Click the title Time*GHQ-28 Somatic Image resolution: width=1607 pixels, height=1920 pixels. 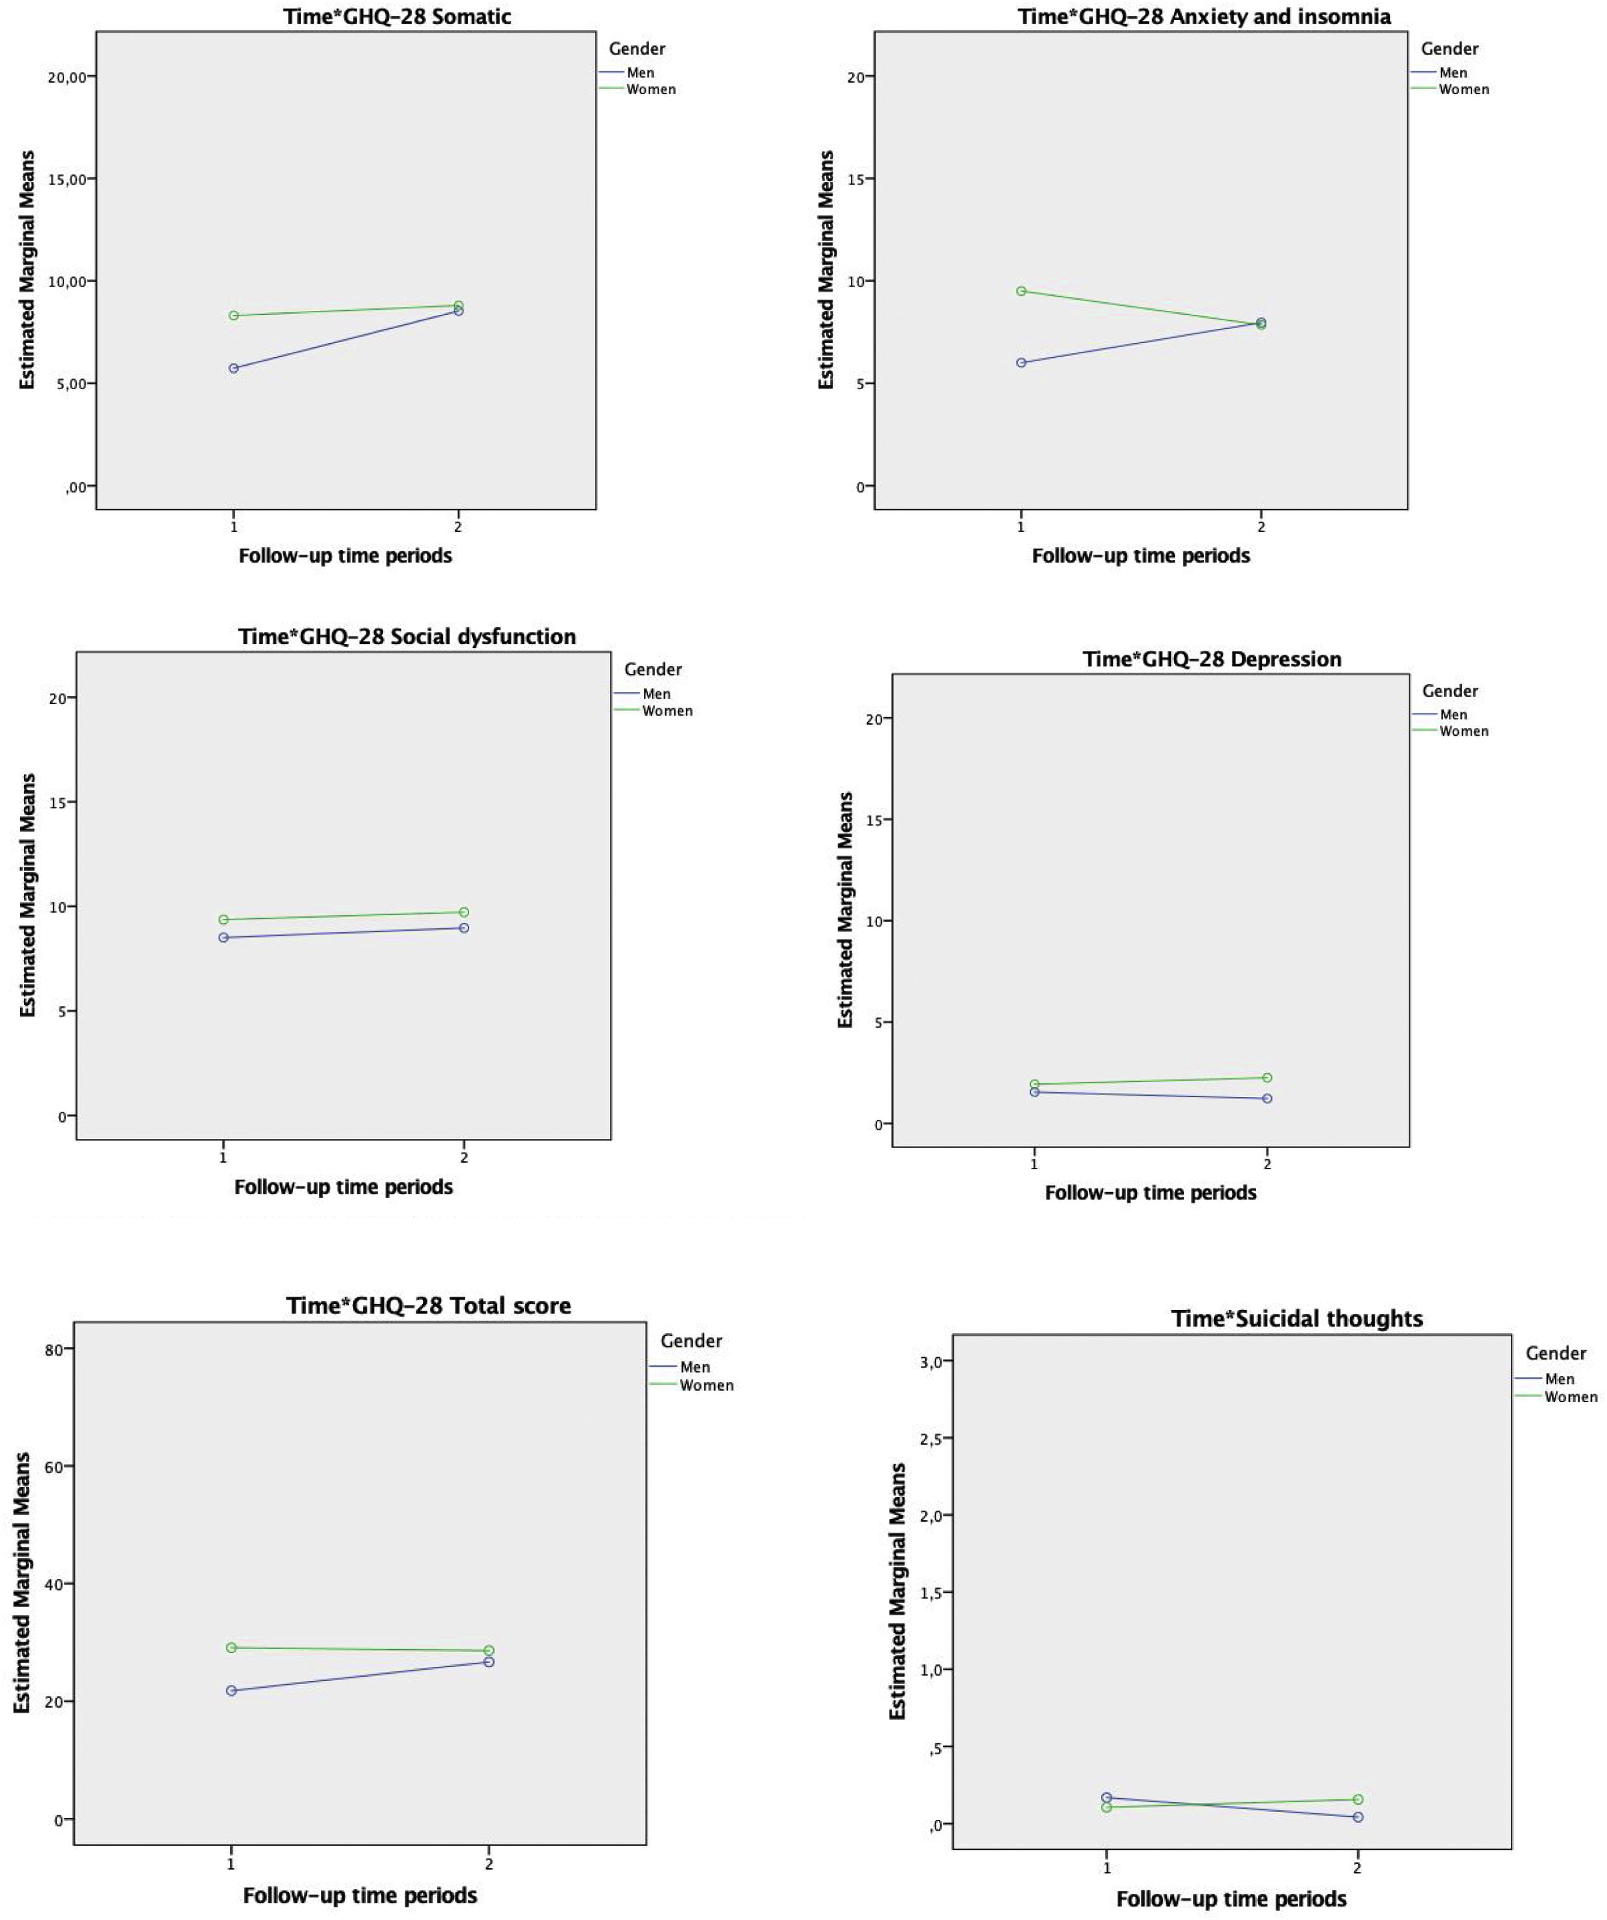[x=397, y=17]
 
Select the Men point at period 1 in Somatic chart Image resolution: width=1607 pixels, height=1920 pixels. [x=234, y=369]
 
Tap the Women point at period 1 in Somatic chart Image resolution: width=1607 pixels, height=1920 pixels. [x=234, y=315]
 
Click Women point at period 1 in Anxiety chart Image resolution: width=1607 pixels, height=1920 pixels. [x=1021, y=291]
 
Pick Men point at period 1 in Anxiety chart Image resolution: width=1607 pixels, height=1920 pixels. [x=1021, y=363]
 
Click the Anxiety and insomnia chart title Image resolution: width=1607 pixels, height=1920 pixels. [x=1204, y=17]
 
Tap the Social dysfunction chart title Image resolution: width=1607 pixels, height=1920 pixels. [x=407, y=636]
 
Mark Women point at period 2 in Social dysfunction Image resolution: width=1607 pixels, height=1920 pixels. [x=464, y=912]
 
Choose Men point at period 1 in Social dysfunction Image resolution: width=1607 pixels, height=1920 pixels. [x=223, y=937]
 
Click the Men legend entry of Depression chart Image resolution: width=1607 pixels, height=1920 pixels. [x=1453, y=715]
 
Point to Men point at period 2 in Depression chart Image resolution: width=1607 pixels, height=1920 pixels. [x=1267, y=1098]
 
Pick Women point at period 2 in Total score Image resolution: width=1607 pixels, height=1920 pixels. [x=489, y=1650]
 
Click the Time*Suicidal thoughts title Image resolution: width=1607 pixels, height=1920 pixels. [x=1297, y=1319]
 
